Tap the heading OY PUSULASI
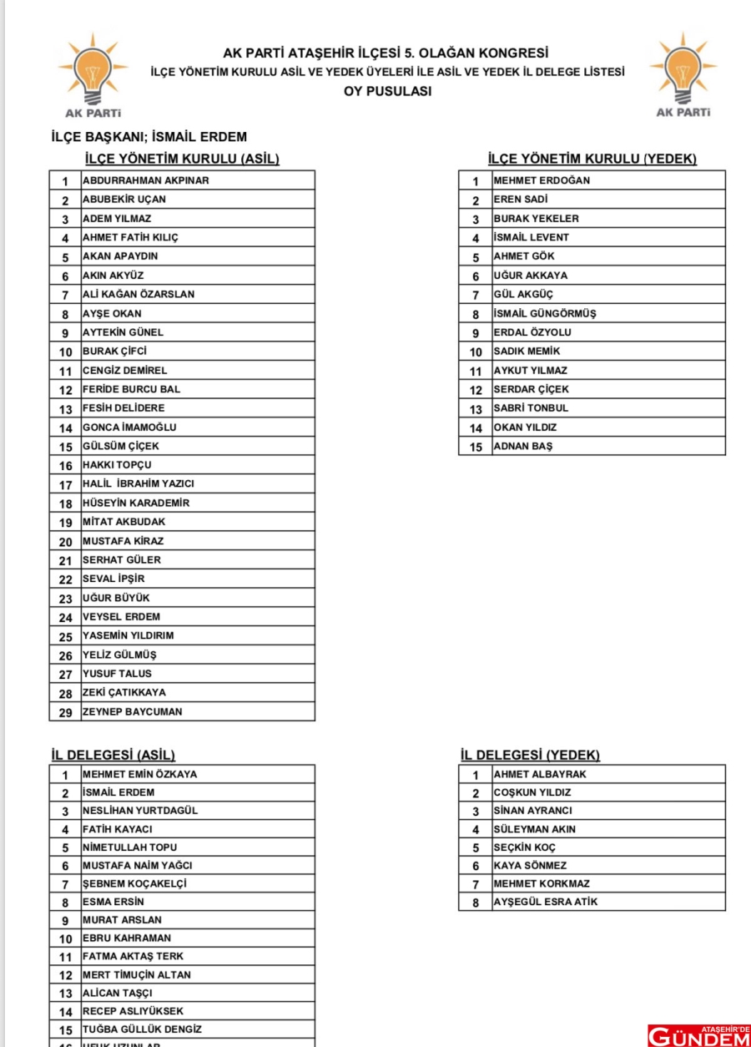(387, 92)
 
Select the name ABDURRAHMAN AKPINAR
(145, 180)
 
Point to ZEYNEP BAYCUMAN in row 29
(132, 712)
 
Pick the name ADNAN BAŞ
(522, 446)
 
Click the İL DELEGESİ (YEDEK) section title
(529, 755)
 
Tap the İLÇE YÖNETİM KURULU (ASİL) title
(182, 159)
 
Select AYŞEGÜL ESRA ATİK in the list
(546, 902)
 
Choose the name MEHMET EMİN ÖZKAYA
(140, 774)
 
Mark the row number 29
(65, 712)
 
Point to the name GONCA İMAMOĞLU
(129, 427)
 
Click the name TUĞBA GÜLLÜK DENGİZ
(142, 1029)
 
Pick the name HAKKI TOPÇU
(117, 465)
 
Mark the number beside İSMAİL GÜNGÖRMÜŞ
(476, 314)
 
